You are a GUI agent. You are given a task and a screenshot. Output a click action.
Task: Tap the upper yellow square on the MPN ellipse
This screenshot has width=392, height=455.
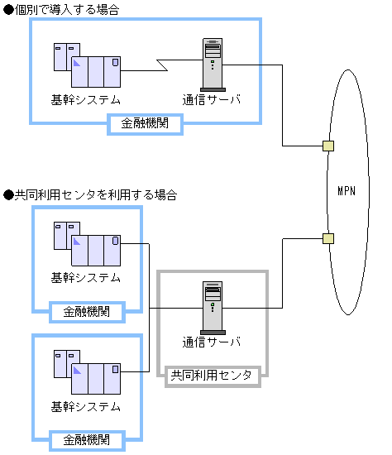328,146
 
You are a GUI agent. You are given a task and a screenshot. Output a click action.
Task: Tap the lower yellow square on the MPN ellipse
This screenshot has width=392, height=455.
328,239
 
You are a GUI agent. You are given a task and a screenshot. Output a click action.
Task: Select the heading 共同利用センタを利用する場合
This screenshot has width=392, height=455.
95,195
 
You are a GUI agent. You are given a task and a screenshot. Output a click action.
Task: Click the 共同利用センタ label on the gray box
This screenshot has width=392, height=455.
211,376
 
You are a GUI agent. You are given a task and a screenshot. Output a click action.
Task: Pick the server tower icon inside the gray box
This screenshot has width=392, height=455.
213,307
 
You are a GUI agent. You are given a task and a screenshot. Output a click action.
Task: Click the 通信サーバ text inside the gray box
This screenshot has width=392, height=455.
212,342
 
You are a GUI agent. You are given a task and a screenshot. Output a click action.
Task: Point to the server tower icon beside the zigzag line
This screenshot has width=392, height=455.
213,65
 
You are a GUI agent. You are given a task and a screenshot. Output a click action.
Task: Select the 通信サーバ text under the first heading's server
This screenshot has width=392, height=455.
212,100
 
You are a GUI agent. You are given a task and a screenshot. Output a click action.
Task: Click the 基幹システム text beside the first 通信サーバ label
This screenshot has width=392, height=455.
86,100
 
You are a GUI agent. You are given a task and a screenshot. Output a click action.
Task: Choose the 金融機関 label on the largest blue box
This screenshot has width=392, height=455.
146,124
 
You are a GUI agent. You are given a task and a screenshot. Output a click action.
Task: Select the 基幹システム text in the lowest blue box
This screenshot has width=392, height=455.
86,407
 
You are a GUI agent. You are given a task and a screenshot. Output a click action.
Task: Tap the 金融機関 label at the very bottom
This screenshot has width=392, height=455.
86,440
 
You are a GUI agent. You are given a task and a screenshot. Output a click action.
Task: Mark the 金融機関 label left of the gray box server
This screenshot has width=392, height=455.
86,312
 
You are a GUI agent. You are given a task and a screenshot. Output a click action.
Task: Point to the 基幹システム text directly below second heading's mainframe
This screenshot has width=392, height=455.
86,278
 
